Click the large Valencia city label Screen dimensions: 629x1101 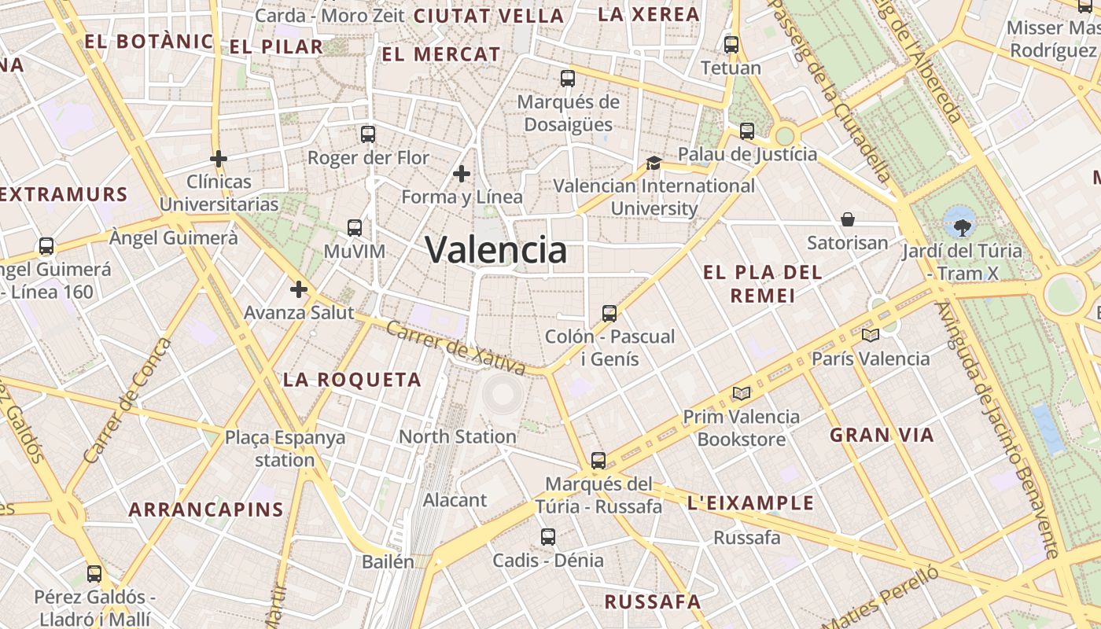[495, 250]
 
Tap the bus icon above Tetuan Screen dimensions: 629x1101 [731, 45]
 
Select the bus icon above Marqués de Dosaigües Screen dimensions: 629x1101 [568, 79]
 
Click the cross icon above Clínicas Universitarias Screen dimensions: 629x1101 [219, 159]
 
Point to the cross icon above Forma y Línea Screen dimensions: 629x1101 [462, 174]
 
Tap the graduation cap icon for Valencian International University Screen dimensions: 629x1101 [654, 163]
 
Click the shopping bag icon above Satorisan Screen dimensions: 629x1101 [848, 219]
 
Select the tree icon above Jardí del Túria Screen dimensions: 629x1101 [961, 228]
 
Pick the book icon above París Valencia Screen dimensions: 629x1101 [870, 336]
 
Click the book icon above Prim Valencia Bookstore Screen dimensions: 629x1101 [741, 393]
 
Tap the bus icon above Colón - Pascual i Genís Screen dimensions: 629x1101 [609, 314]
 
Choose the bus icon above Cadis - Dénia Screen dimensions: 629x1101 [548, 537]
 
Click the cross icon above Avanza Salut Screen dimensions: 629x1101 [299, 289]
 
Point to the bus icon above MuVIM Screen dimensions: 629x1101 [355, 228]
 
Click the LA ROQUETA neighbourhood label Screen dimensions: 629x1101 [352, 380]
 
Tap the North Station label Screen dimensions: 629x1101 [458, 436]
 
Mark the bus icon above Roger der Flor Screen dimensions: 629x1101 [368, 134]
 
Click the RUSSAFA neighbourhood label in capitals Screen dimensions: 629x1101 [652, 602]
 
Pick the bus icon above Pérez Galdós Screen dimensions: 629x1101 [94, 574]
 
